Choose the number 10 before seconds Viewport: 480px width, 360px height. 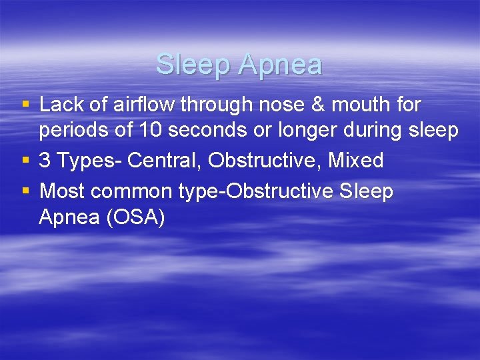coord(151,130)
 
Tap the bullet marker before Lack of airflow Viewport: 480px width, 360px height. coord(26,105)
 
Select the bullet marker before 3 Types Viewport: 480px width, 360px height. coord(26,161)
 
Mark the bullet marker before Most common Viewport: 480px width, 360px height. coord(26,191)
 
